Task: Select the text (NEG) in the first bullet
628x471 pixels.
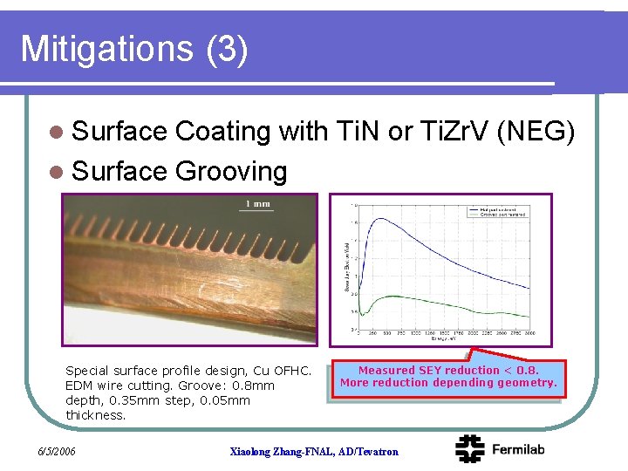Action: click(x=535, y=131)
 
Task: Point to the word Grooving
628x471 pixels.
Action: click(x=230, y=171)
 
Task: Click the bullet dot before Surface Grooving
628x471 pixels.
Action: click(x=57, y=172)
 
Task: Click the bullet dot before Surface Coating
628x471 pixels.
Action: click(x=57, y=132)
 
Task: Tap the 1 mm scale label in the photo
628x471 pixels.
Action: click(x=257, y=204)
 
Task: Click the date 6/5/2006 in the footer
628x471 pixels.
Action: click(x=57, y=451)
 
